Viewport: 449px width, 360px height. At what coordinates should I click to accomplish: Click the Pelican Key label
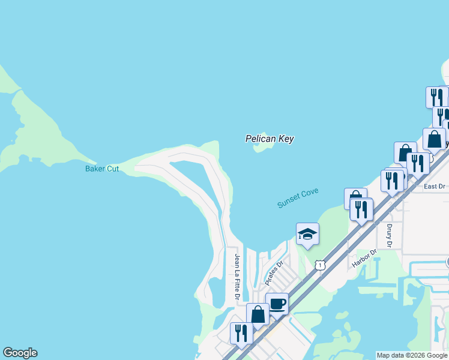(270, 139)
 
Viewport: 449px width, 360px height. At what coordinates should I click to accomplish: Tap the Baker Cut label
(102, 169)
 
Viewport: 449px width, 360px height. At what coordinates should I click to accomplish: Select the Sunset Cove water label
(298, 198)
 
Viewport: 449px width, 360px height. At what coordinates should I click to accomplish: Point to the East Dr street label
(434, 187)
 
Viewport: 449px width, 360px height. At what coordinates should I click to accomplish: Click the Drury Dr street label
(389, 236)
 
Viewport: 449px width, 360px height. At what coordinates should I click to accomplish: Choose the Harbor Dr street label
(363, 259)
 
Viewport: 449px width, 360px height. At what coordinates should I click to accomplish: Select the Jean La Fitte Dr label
(237, 277)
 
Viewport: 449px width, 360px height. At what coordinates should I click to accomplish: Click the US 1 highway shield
(321, 265)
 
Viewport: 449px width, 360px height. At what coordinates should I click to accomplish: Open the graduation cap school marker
(307, 234)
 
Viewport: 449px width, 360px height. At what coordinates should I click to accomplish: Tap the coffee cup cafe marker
(277, 304)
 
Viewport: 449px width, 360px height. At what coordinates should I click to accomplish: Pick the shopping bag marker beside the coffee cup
(258, 314)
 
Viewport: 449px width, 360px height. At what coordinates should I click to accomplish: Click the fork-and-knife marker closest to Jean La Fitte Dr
(241, 333)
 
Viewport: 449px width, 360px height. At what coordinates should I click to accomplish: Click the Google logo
(20, 353)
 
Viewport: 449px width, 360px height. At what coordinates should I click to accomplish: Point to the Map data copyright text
(412, 355)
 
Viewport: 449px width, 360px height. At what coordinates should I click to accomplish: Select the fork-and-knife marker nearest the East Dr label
(418, 163)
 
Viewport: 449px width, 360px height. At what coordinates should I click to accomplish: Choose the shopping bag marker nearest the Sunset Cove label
(355, 198)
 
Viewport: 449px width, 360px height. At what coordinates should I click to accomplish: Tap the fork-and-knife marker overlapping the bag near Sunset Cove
(361, 209)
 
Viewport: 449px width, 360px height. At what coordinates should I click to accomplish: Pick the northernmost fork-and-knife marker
(437, 97)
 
